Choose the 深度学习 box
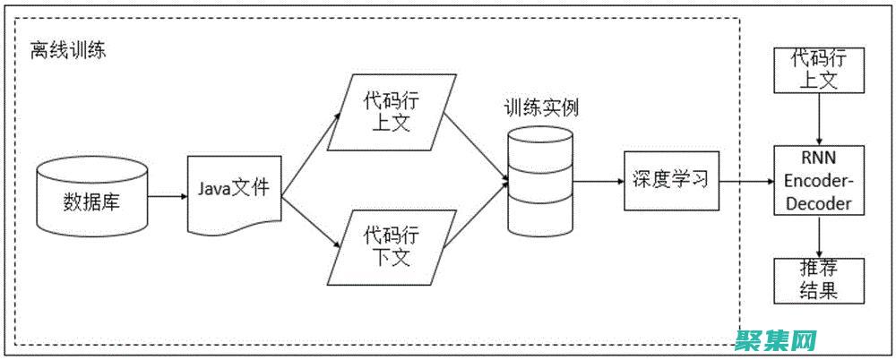[670, 179]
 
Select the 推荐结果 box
[818, 280]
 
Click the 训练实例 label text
[540, 108]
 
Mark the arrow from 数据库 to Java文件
[167, 196]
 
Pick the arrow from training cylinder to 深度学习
[599, 180]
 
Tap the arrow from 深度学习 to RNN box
[745, 181]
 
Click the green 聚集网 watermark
[776, 339]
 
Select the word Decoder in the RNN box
[818, 203]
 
